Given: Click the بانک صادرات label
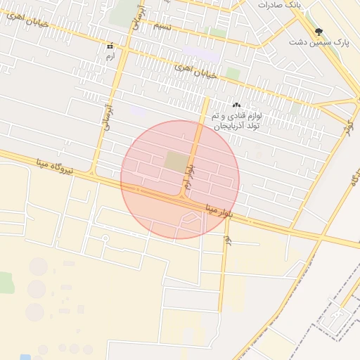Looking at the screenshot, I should (x=279, y=4).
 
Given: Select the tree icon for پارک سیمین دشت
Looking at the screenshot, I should (x=319, y=32).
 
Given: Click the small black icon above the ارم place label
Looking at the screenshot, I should (x=110, y=46).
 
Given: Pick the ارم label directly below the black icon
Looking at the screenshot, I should (x=110, y=56).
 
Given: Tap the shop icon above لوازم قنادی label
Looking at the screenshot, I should (x=236, y=105).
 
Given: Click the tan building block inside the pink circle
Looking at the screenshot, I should (x=176, y=161).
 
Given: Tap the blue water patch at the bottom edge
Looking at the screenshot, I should (x=25, y=357).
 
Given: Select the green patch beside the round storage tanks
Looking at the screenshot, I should (x=6, y=283).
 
